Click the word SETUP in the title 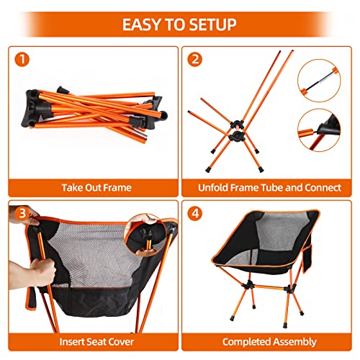pos(210,24)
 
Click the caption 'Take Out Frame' pos(95,187)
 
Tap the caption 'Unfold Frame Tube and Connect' pos(270,187)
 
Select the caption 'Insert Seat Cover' pos(95,341)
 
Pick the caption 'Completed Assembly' pos(270,341)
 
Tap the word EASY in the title pos(141,24)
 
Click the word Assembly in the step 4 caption pos(294,341)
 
